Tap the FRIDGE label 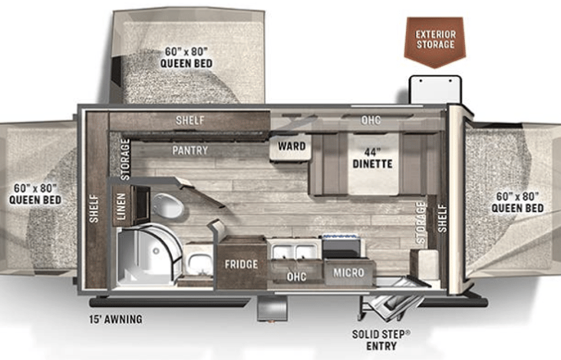point(240,265)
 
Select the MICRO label point(348,272)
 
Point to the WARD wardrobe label point(292,146)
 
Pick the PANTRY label point(190,150)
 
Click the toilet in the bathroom point(166,206)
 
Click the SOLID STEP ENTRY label point(381,340)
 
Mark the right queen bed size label point(518,202)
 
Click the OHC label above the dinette point(371,121)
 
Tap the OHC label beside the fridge point(296,276)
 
